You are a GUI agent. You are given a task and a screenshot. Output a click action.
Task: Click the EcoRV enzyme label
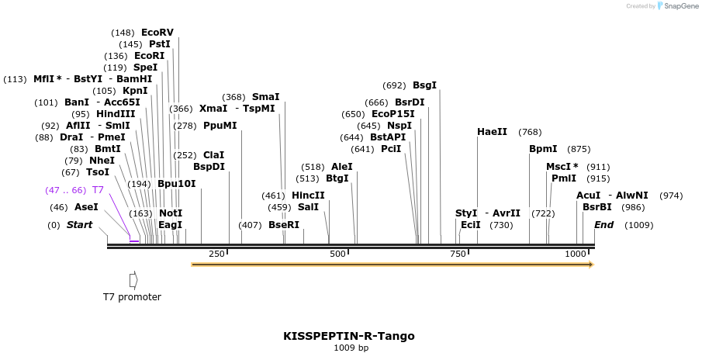click(157, 33)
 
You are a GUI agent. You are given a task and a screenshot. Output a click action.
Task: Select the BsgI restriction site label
click(424, 85)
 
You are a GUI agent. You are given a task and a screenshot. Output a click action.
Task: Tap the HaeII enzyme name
click(492, 132)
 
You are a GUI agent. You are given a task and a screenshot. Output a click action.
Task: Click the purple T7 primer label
click(98, 190)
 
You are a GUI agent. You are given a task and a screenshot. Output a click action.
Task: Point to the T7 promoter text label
click(132, 296)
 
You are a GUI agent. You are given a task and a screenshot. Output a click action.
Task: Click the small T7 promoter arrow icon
click(133, 279)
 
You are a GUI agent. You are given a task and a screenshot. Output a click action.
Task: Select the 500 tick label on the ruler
click(337, 254)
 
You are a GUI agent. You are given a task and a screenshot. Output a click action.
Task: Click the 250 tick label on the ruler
click(216, 254)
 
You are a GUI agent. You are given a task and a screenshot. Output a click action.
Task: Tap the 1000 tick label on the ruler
click(576, 254)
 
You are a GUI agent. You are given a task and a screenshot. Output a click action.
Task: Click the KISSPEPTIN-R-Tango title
click(349, 336)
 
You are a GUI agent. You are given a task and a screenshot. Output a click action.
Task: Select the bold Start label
click(79, 225)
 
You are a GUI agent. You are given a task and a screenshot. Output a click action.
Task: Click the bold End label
click(603, 225)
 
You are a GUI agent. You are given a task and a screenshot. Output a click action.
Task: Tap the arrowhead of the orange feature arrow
click(590, 265)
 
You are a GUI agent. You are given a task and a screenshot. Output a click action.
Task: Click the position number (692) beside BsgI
click(394, 85)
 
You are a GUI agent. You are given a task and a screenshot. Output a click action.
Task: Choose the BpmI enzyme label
click(543, 149)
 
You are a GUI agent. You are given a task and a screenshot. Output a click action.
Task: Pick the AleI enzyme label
click(341, 167)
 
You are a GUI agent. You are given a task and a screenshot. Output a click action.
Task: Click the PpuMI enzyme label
click(220, 126)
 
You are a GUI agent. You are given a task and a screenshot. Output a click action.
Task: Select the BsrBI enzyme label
click(597, 207)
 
